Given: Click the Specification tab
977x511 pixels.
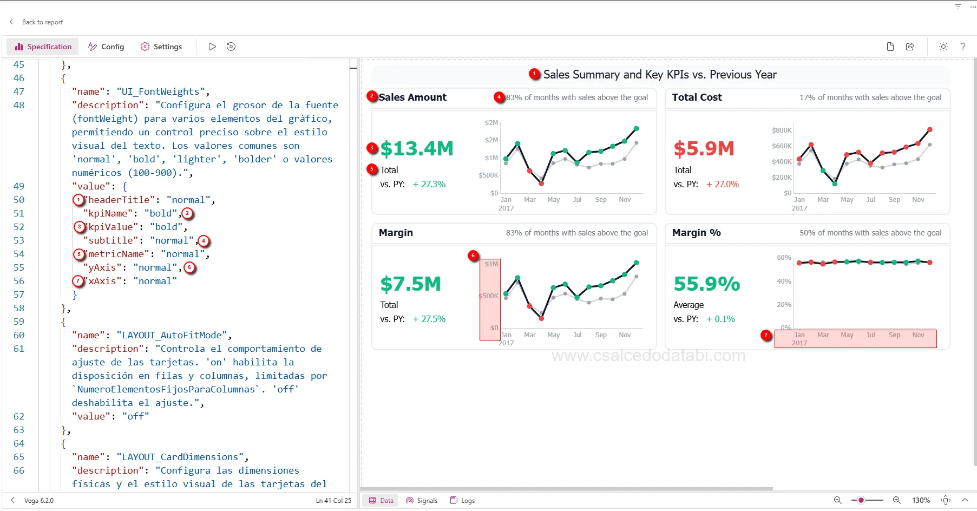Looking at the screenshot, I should click(x=43, y=47).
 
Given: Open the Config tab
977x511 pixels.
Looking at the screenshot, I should click(x=107, y=47).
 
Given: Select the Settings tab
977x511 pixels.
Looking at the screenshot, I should click(x=161, y=47).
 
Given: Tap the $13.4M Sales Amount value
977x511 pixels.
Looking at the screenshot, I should click(x=416, y=148).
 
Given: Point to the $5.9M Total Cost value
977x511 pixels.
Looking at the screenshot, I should click(x=704, y=148).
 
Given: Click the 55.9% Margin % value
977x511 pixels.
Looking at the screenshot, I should click(x=706, y=284).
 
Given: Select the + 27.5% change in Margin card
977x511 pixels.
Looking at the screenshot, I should click(x=429, y=319).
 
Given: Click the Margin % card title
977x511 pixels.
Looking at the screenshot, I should click(x=696, y=233).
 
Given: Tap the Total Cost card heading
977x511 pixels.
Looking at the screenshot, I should click(x=697, y=97).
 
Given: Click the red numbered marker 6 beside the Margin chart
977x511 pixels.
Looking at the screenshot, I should click(x=473, y=255).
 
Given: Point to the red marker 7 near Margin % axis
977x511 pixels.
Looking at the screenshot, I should click(x=766, y=335).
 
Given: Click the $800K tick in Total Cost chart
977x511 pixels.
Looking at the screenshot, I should click(x=782, y=130).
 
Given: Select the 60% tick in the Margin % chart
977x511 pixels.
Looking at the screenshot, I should click(x=784, y=258).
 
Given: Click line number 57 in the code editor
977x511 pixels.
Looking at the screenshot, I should click(x=19, y=294).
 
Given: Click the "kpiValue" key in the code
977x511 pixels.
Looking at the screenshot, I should click(x=112, y=227).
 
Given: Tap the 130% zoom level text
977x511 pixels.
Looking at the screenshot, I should click(x=921, y=501).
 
